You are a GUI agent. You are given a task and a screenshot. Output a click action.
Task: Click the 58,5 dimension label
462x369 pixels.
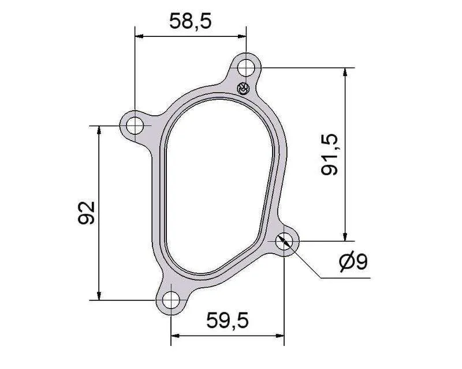pos(191,21)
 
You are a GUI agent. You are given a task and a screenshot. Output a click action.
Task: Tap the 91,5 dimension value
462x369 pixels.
pos(329,155)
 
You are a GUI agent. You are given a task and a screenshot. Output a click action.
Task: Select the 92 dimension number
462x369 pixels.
pos(86,213)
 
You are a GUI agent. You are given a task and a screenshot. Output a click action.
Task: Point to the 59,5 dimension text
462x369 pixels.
pos(228,320)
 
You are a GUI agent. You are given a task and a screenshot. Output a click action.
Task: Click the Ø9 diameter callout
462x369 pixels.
pos(353,262)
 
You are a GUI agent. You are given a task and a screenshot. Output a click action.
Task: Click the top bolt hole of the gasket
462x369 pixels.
pos(246,67)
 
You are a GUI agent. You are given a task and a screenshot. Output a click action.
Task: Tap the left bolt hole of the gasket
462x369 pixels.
pos(135,126)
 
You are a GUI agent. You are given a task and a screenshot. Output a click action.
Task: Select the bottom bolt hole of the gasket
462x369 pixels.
pos(171,300)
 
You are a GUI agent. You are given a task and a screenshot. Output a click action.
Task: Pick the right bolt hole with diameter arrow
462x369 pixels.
pos(284,241)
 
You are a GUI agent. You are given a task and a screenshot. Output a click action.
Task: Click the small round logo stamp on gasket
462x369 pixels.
pos(243,89)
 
